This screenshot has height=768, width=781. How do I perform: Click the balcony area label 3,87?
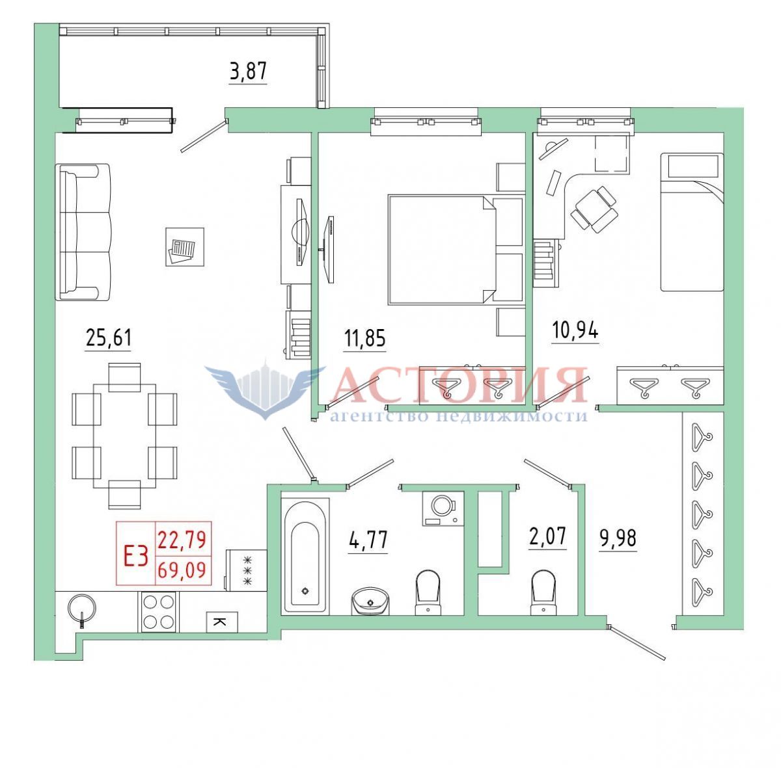coord(248,72)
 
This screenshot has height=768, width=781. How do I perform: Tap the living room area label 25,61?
coord(109,338)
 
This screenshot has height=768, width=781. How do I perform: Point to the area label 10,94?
coord(575,331)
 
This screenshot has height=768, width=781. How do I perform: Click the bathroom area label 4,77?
coord(368,540)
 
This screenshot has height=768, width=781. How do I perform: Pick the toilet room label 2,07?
coord(547,536)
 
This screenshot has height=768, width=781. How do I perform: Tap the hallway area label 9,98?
coord(618,538)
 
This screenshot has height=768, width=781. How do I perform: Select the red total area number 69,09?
coord(182,570)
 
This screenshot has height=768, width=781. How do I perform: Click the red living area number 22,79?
coord(182,540)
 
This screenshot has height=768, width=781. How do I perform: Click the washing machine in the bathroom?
coord(443,509)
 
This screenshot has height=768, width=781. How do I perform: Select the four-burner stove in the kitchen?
coord(158,612)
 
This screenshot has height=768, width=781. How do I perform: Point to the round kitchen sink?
coord(82,609)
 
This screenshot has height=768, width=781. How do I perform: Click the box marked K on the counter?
coord(222,622)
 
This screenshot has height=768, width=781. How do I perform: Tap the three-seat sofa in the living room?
coord(83,232)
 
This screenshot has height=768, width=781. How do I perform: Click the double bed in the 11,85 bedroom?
coord(443,250)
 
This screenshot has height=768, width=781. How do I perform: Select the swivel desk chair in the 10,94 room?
coord(594,209)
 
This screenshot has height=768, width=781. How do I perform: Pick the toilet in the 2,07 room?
coord(543,594)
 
